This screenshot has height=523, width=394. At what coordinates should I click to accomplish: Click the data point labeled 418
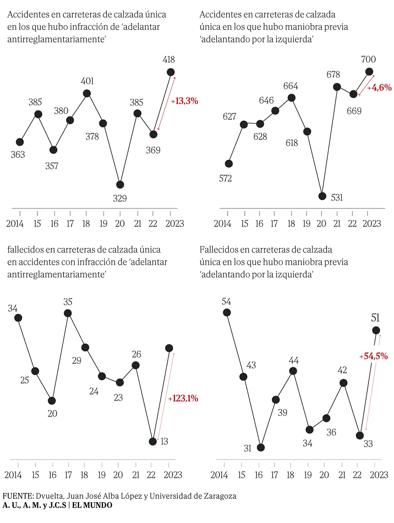171,72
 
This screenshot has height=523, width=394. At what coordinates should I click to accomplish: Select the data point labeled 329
120,184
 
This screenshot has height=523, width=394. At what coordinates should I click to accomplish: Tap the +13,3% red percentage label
184,101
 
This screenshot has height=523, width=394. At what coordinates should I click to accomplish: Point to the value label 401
87,81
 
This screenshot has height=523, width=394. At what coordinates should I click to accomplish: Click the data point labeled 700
369,72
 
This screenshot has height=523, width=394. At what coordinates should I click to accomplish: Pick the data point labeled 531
322,196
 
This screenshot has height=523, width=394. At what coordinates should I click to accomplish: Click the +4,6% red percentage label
379,88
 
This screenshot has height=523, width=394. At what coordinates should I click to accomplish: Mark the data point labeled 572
229,164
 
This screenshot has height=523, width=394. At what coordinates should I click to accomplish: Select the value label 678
333,74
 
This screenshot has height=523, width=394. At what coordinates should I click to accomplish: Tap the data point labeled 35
68,313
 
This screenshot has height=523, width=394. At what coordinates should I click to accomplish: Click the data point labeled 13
153,441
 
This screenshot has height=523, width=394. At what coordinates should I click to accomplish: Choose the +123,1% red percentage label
183,398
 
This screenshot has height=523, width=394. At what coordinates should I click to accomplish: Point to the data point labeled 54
227,313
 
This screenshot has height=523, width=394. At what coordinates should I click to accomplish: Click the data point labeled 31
260,448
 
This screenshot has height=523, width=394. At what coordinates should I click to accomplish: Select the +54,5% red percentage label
374,356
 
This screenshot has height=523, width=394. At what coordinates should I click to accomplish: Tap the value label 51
375,318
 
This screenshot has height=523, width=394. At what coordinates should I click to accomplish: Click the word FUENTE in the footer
18,496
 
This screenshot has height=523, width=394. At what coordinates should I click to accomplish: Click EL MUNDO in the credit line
92,505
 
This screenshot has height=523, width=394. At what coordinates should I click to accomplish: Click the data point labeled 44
293,371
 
